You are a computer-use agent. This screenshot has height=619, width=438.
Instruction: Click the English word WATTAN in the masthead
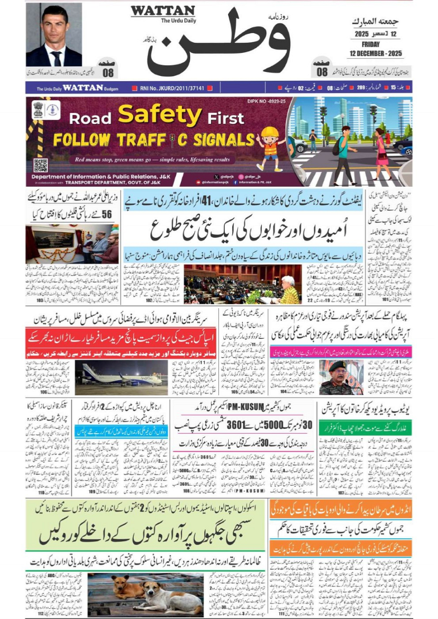pyautogui.click(x=163, y=11)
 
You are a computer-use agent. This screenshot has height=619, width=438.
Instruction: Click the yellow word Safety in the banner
pyautogui.click(x=160, y=115)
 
